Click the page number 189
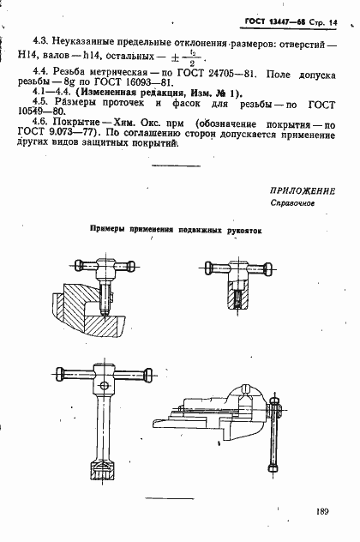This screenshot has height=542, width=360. [x=322, y=512]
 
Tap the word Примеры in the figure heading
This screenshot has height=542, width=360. [x=111, y=231]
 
